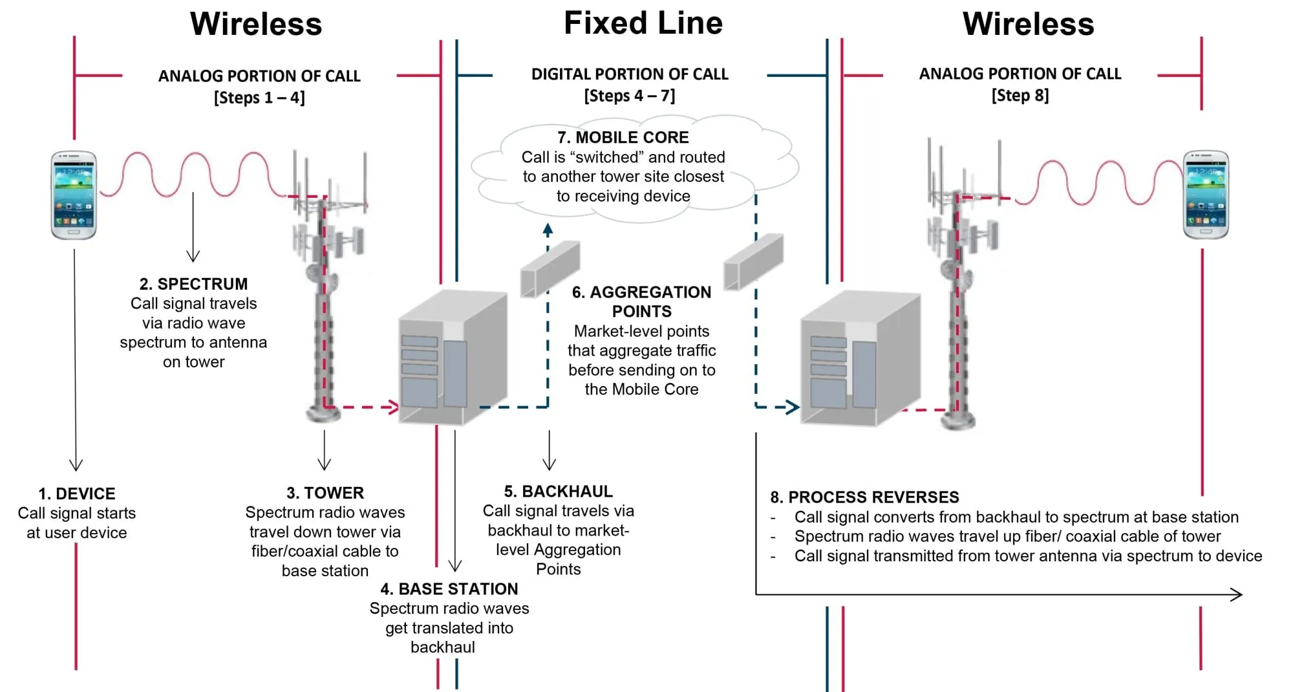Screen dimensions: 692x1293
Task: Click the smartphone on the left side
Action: [x=74, y=195]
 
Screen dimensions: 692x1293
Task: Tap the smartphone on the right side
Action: [x=1206, y=195]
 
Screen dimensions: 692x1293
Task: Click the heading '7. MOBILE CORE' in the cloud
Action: [x=623, y=137]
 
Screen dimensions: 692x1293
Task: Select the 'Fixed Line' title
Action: [x=643, y=23]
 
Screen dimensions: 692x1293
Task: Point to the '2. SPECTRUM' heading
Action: [x=193, y=284]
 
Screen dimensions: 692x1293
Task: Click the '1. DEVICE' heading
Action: [x=76, y=493]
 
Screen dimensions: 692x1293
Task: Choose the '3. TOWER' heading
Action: [x=325, y=493]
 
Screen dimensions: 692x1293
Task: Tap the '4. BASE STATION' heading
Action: [x=449, y=589]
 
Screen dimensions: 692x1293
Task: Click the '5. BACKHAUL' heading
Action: [x=559, y=492]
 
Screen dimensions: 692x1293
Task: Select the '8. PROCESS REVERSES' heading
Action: [x=864, y=497]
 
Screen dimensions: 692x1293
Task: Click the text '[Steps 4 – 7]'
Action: [x=630, y=96]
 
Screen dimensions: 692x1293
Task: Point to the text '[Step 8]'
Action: [x=1020, y=96]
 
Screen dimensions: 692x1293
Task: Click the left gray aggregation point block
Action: [x=550, y=269]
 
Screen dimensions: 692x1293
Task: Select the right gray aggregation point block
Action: [x=753, y=263]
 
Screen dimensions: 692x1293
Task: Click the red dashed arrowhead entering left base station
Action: [x=392, y=407]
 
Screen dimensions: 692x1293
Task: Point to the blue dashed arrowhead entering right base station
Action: [x=793, y=407]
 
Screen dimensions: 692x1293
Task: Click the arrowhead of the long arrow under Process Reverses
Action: [x=1236, y=594]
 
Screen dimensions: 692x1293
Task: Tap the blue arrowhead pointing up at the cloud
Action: [x=548, y=228]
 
